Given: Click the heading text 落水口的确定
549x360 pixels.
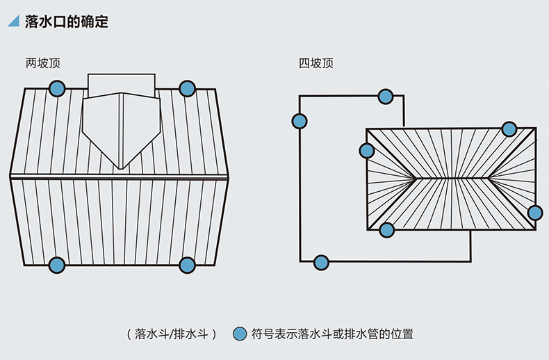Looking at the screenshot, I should coord(66,22).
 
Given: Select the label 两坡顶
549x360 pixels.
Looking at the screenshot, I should coord(43,63).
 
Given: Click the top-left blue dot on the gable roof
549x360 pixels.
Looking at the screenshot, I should coord(57,88).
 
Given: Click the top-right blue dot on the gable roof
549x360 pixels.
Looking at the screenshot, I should coord(187,88).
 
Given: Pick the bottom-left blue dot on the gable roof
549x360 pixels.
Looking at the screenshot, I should coord(57,265).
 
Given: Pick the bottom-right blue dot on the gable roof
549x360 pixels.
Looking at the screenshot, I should coord(187,265).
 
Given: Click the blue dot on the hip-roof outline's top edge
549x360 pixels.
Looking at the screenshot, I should coord(385,96).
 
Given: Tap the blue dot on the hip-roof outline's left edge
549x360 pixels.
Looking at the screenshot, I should coord(300,122).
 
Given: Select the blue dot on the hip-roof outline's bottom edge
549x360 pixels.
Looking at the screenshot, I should coord(321,263).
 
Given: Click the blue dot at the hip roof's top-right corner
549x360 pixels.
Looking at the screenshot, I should coord(509,129).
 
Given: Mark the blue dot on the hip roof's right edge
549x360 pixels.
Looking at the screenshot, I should coord(534,213).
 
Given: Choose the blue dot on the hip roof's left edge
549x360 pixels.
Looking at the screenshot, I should coord(367,150).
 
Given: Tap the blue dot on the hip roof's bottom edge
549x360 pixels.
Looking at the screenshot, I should coord(387,229).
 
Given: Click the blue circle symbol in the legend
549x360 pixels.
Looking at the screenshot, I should coord(240,334).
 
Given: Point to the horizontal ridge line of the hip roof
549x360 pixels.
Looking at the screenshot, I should coord(452,179).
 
